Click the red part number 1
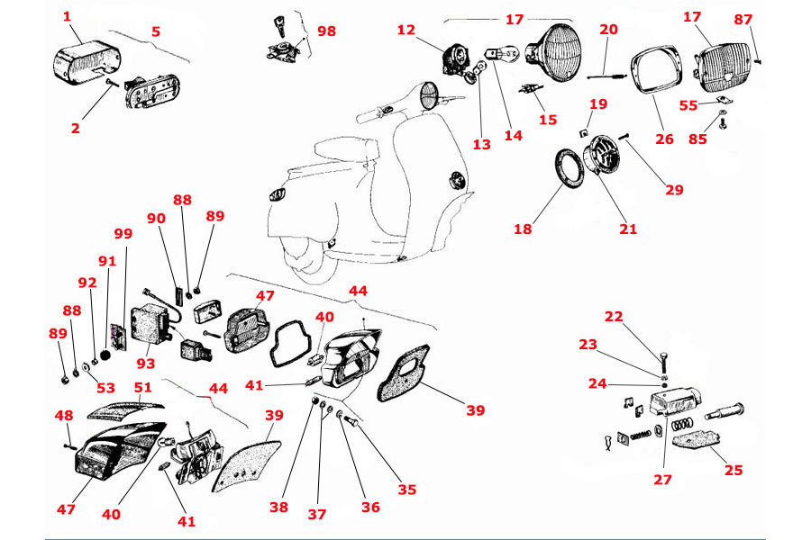(x=67, y=16)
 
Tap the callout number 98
(x=326, y=31)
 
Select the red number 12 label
(x=406, y=31)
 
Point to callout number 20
(x=609, y=30)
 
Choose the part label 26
(x=664, y=139)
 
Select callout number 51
(x=142, y=388)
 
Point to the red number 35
(x=407, y=490)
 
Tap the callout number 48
(x=63, y=416)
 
